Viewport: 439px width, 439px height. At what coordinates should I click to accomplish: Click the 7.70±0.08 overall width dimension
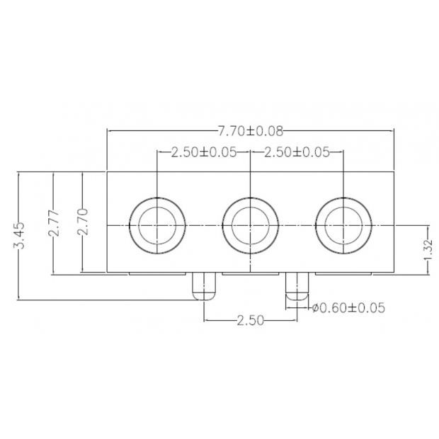tap(250, 130)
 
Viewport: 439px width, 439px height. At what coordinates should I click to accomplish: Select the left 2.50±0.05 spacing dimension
tap(203, 152)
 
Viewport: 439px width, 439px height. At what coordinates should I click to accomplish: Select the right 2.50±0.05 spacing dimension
tap(296, 152)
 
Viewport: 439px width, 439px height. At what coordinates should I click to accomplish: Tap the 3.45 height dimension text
tap(21, 235)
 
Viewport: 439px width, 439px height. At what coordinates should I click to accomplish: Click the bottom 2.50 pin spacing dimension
tap(250, 320)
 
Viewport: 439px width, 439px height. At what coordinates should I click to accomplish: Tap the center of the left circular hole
tap(156, 225)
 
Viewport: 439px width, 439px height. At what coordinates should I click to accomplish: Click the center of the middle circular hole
tap(250, 225)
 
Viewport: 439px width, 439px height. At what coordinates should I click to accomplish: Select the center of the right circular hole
tap(343, 225)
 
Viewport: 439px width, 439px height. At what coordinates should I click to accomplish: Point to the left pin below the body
tap(203, 285)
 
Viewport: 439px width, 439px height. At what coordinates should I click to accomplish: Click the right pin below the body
tap(297, 285)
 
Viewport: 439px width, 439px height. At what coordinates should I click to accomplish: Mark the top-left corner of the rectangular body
tap(107, 172)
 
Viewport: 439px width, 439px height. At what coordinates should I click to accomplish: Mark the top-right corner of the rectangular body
tap(394, 172)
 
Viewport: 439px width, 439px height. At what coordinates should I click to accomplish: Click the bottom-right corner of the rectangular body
tap(394, 273)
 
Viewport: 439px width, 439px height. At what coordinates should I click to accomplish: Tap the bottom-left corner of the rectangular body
tap(107, 273)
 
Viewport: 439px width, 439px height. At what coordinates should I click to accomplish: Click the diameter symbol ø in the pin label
tap(315, 308)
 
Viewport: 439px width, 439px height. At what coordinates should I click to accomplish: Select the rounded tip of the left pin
tap(203, 295)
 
